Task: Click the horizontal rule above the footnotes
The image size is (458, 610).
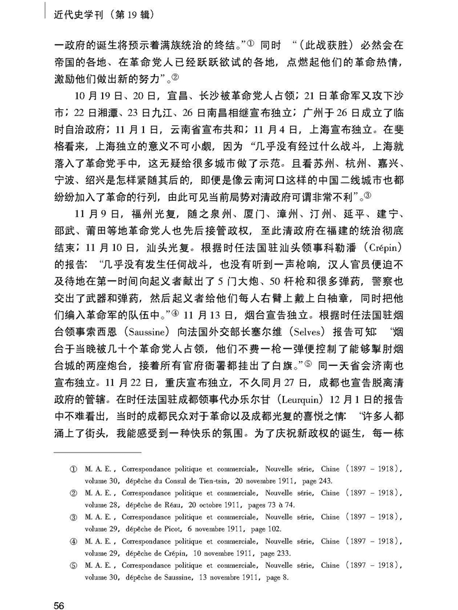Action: click(98, 453)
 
